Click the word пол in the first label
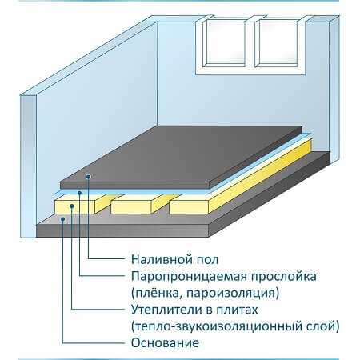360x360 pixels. click(207, 260)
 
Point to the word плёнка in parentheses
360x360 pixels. click(156, 293)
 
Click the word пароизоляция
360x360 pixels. click(230, 294)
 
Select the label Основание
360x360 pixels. click(165, 343)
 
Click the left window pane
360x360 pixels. click(226, 42)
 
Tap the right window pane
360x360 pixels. click(278, 42)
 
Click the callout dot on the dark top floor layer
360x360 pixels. click(89, 177)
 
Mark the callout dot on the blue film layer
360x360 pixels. click(79, 193)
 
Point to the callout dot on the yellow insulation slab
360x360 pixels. click(71, 206)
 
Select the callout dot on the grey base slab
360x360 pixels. click(62, 219)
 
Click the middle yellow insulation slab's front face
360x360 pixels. click(131, 207)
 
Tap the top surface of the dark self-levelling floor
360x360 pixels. click(182, 154)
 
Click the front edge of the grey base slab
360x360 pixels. click(122, 230)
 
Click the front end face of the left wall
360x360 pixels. click(28, 166)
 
